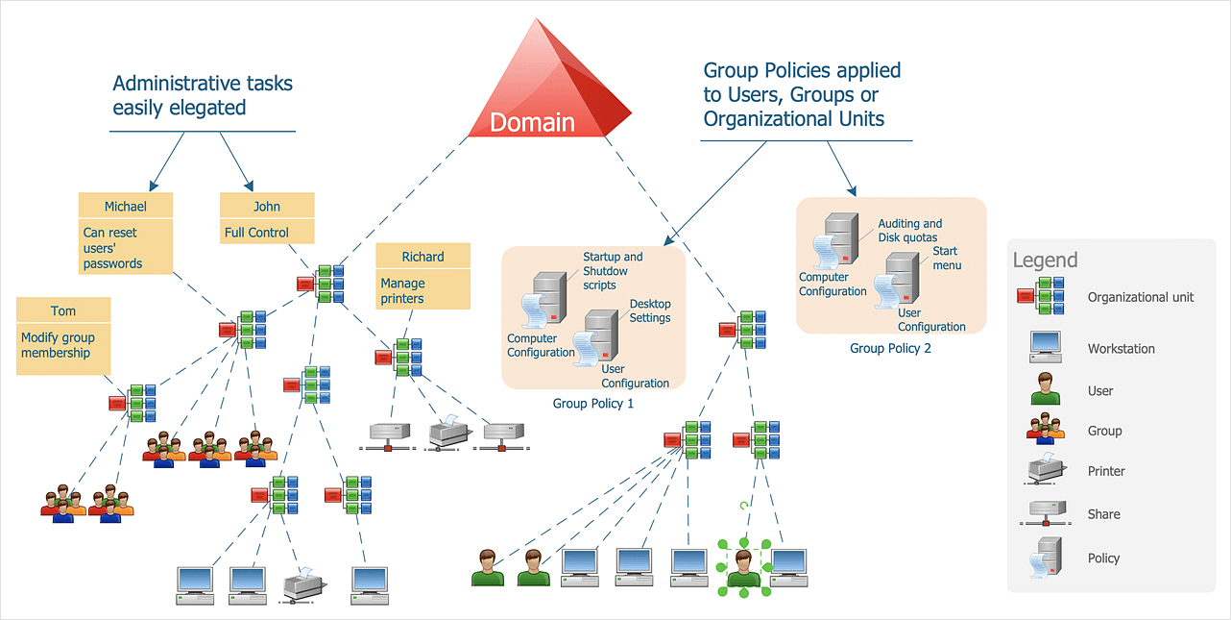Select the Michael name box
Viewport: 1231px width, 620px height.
(126, 206)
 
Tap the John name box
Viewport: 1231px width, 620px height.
(267, 206)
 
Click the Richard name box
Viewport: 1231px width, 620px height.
(422, 256)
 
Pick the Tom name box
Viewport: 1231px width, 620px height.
(63, 310)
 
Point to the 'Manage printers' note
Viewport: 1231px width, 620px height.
(422, 290)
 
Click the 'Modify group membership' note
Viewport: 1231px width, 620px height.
(63, 346)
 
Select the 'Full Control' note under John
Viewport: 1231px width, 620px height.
(267, 232)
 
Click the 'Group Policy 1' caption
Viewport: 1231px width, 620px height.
(592, 404)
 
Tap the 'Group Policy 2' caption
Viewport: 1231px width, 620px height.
(890, 348)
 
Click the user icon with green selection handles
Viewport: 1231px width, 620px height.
(743, 567)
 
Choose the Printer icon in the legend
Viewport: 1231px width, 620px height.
(1043, 470)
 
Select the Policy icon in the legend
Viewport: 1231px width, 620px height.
(1043, 558)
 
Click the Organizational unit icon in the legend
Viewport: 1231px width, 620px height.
(1042, 296)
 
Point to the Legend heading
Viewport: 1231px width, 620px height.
(1045, 260)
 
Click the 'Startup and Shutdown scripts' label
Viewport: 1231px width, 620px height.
(613, 271)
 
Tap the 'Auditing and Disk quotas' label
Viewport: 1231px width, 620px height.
(909, 231)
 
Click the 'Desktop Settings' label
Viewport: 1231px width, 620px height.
(650, 310)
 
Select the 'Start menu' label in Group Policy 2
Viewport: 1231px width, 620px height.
(946, 258)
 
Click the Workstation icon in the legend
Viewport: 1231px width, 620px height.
(1044, 347)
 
